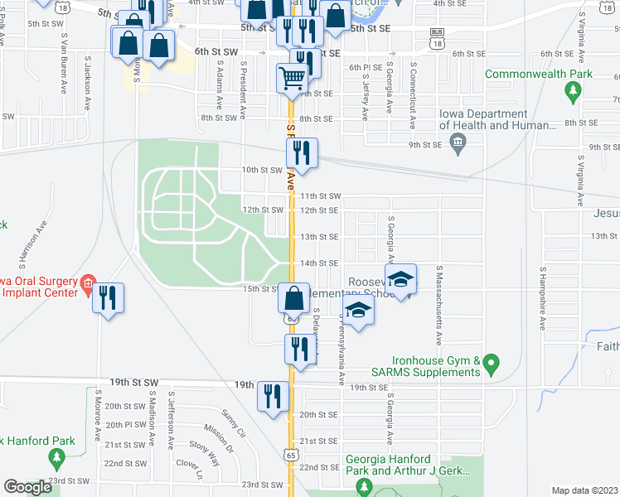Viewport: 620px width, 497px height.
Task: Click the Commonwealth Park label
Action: [x=539, y=74]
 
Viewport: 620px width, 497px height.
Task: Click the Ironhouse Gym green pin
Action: [x=492, y=363]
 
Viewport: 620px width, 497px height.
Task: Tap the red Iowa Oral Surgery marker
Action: [x=88, y=284]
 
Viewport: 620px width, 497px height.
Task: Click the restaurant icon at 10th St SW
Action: [x=300, y=152]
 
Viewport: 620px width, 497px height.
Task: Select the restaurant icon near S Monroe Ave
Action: [x=109, y=298]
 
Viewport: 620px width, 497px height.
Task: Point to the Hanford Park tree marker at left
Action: [x=56, y=456]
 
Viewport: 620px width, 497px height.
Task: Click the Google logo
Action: [x=28, y=487]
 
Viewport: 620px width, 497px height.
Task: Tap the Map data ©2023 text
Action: [x=584, y=490]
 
